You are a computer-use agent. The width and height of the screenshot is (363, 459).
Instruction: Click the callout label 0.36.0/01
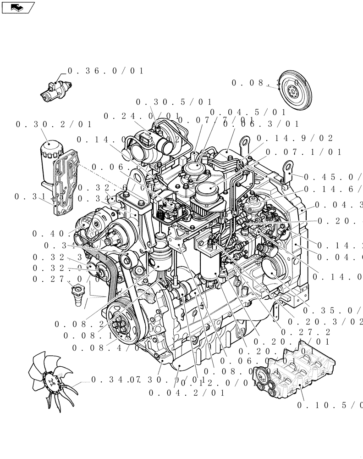point(105,71)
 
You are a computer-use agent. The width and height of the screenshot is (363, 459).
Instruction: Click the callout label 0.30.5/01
point(174,102)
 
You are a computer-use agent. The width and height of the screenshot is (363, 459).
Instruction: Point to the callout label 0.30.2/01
point(54,124)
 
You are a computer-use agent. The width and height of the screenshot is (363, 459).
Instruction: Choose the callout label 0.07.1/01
point(303,152)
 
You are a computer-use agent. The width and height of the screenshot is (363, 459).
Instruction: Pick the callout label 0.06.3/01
point(261,124)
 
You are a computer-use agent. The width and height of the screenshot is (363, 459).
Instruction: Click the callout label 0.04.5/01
point(248,112)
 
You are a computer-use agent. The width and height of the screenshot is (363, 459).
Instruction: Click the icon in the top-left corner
point(18,7)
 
